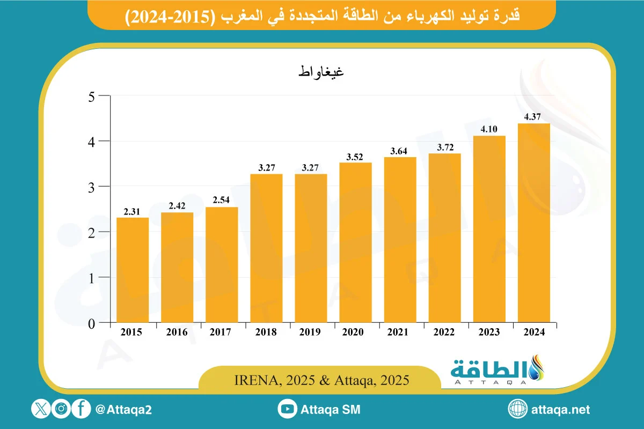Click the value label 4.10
[x=489, y=130]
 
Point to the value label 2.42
[x=177, y=206]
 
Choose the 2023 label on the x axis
[x=489, y=332]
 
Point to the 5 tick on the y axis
[x=92, y=97]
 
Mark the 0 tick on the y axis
[x=92, y=323]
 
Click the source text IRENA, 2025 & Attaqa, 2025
[x=322, y=380]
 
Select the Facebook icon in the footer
[x=81, y=410]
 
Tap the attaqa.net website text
[x=560, y=410]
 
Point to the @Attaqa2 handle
[x=123, y=410]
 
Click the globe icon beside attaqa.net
[x=518, y=410]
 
